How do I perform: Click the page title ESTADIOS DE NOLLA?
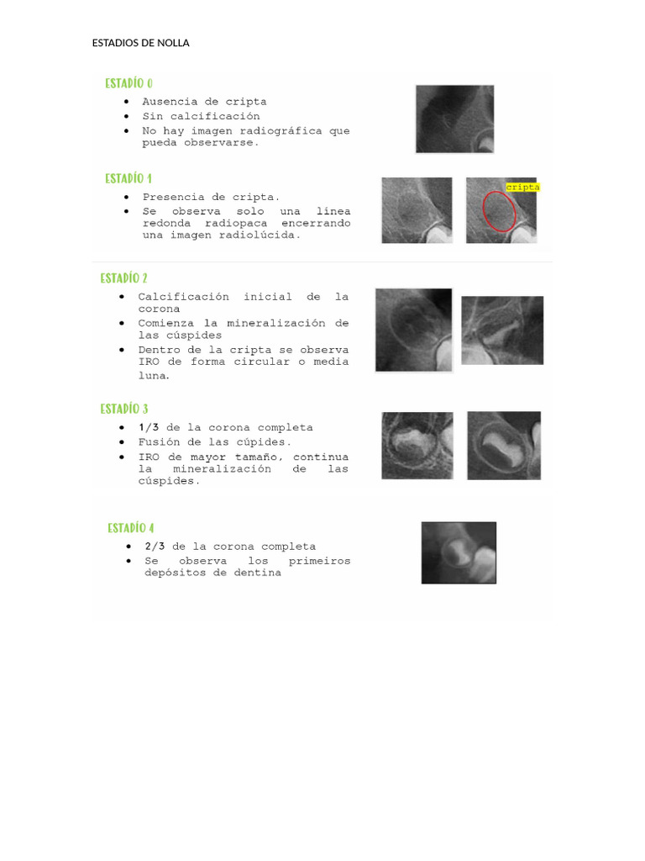click(x=140, y=43)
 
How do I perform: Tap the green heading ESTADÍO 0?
click(x=128, y=83)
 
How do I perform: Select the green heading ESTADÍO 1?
click(x=128, y=179)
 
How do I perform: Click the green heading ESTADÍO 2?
click(x=124, y=278)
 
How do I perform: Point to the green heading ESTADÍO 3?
click(x=124, y=409)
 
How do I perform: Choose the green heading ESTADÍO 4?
click(x=130, y=528)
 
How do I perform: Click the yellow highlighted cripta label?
click(x=522, y=188)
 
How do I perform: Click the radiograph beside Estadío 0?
click(x=454, y=119)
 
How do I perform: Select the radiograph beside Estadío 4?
click(x=459, y=553)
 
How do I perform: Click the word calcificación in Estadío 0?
click(x=215, y=116)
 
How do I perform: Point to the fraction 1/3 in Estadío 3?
click(x=149, y=427)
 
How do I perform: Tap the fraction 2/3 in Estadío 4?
click(x=155, y=547)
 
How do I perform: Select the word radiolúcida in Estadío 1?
click(x=260, y=235)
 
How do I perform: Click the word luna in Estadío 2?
click(x=154, y=376)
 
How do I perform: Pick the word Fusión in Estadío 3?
click(x=159, y=442)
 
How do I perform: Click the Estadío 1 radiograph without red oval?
click(x=417, y=210)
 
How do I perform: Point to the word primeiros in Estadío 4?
click(x=319, y=561)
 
